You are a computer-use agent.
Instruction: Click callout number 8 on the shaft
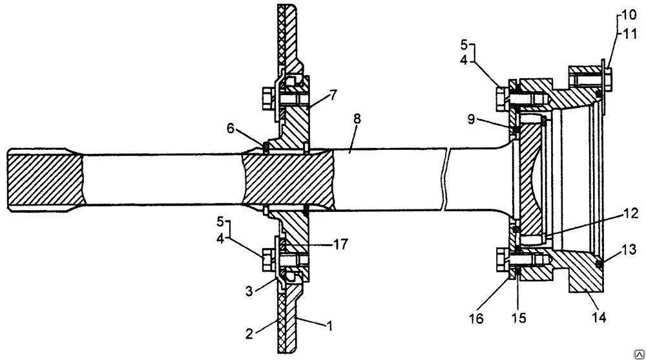point(357,119)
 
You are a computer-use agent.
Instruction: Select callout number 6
point(231,128)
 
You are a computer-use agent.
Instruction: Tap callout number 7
point(333,95)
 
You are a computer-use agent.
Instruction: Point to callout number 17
point(340,244)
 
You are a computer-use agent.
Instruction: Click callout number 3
point(249,291)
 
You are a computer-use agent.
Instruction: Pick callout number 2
point(249,334)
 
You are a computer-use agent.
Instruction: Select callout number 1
point(329,326)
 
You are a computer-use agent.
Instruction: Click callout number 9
point(472,120)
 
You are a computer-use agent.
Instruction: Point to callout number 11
point(629,34)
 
